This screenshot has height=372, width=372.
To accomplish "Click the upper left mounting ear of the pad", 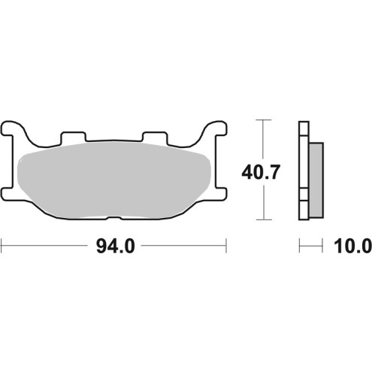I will tap(11, 128).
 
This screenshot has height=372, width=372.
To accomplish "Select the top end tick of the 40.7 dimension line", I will tap(262, 120).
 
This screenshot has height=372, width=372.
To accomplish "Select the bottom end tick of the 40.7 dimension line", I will tap(262, 221).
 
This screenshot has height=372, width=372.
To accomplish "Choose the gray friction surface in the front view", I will tap(113, 180).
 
